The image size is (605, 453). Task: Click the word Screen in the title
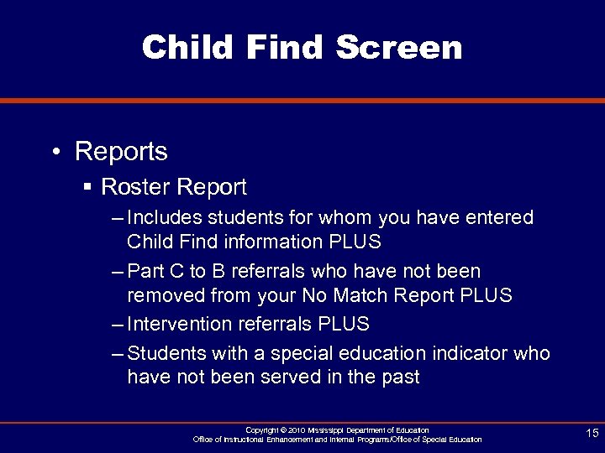click(x=399, y=48)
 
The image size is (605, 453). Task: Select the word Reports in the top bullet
click(x=121, y=152)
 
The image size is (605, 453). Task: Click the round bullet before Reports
click(x=55, y=153)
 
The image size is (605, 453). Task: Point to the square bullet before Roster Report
click(x=87, y=186)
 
